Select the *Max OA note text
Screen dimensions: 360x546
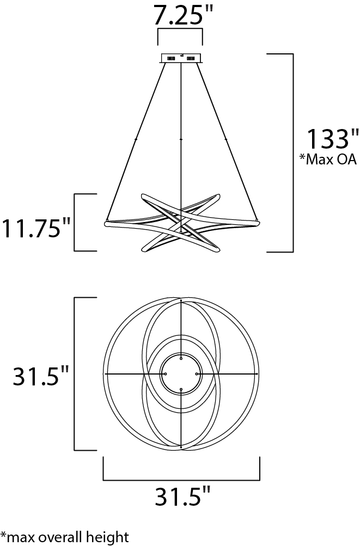click(x=328, y=159)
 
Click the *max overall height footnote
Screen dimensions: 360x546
click(x=64, y=537)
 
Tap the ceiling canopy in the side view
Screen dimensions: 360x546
click(x=181, y=58)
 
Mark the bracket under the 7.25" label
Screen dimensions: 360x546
click(x=180, y=30)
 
